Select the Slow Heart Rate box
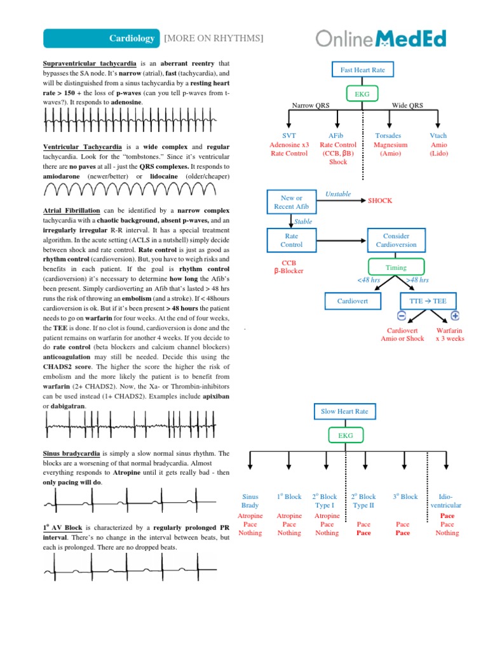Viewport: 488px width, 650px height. click(345, 411)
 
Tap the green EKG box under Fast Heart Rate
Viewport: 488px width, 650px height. click(363, 94)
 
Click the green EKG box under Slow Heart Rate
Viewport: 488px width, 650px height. click(345, 435)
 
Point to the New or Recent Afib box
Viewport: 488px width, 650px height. click(291, 202)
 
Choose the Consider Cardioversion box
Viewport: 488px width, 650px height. click(396, 240)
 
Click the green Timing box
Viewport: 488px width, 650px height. click(396, 267)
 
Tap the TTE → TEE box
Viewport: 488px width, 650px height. click(428, 300)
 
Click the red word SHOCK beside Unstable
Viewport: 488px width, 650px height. click(380, 201)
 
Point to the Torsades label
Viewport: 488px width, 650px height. click(388, 136)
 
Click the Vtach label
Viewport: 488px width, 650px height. click(438, 136)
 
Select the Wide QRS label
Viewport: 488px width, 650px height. click(407, 105)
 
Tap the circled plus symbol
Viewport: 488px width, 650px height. click(455, 315)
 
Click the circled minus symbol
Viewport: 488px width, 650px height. click(402, 315)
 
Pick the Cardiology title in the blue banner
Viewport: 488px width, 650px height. click(132, 39)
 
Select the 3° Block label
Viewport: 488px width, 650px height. click(405, 496)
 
